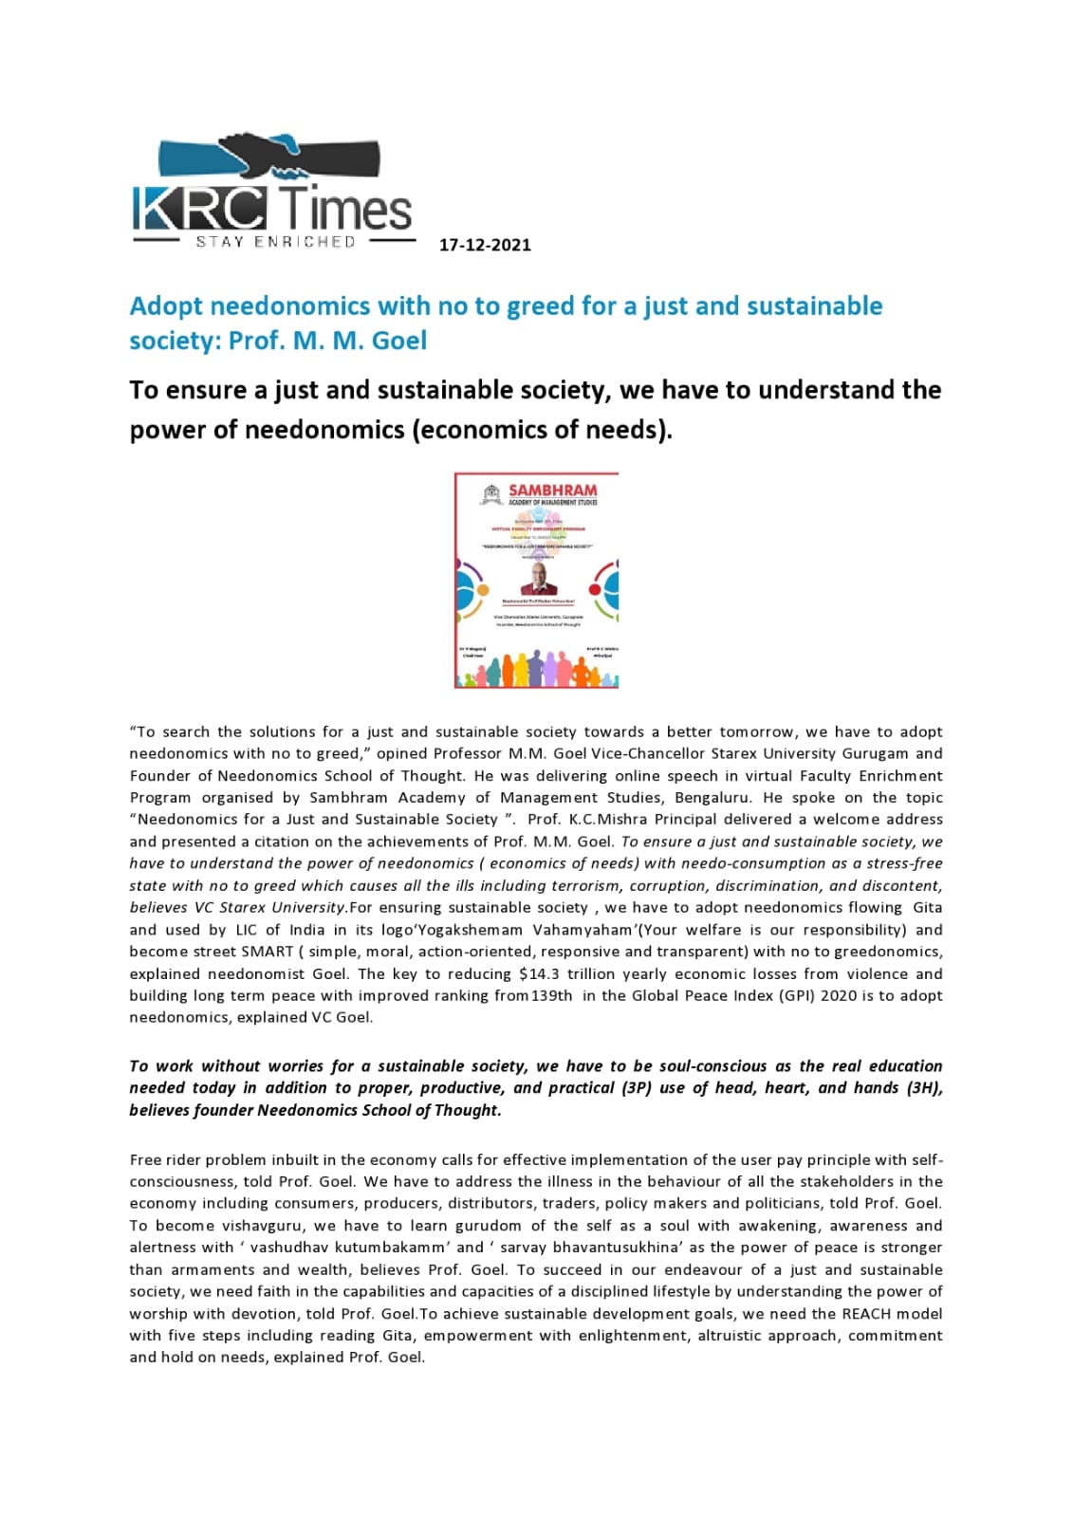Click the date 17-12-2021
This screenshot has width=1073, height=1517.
click(485, 245)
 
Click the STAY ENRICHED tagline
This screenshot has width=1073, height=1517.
click(275, 242)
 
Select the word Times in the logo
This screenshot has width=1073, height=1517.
click(346, 209)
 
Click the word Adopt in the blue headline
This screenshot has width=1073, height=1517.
click(166, 306)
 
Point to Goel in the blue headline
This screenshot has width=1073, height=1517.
click(399, 341)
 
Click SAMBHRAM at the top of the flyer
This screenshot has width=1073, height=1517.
click(552, 490)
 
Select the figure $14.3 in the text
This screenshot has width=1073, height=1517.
click(540, 973)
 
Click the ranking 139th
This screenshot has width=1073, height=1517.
click(551, 995)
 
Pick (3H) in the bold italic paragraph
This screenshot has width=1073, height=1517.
click(923, 1088)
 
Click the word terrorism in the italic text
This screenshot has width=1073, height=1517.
click(594, 885)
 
